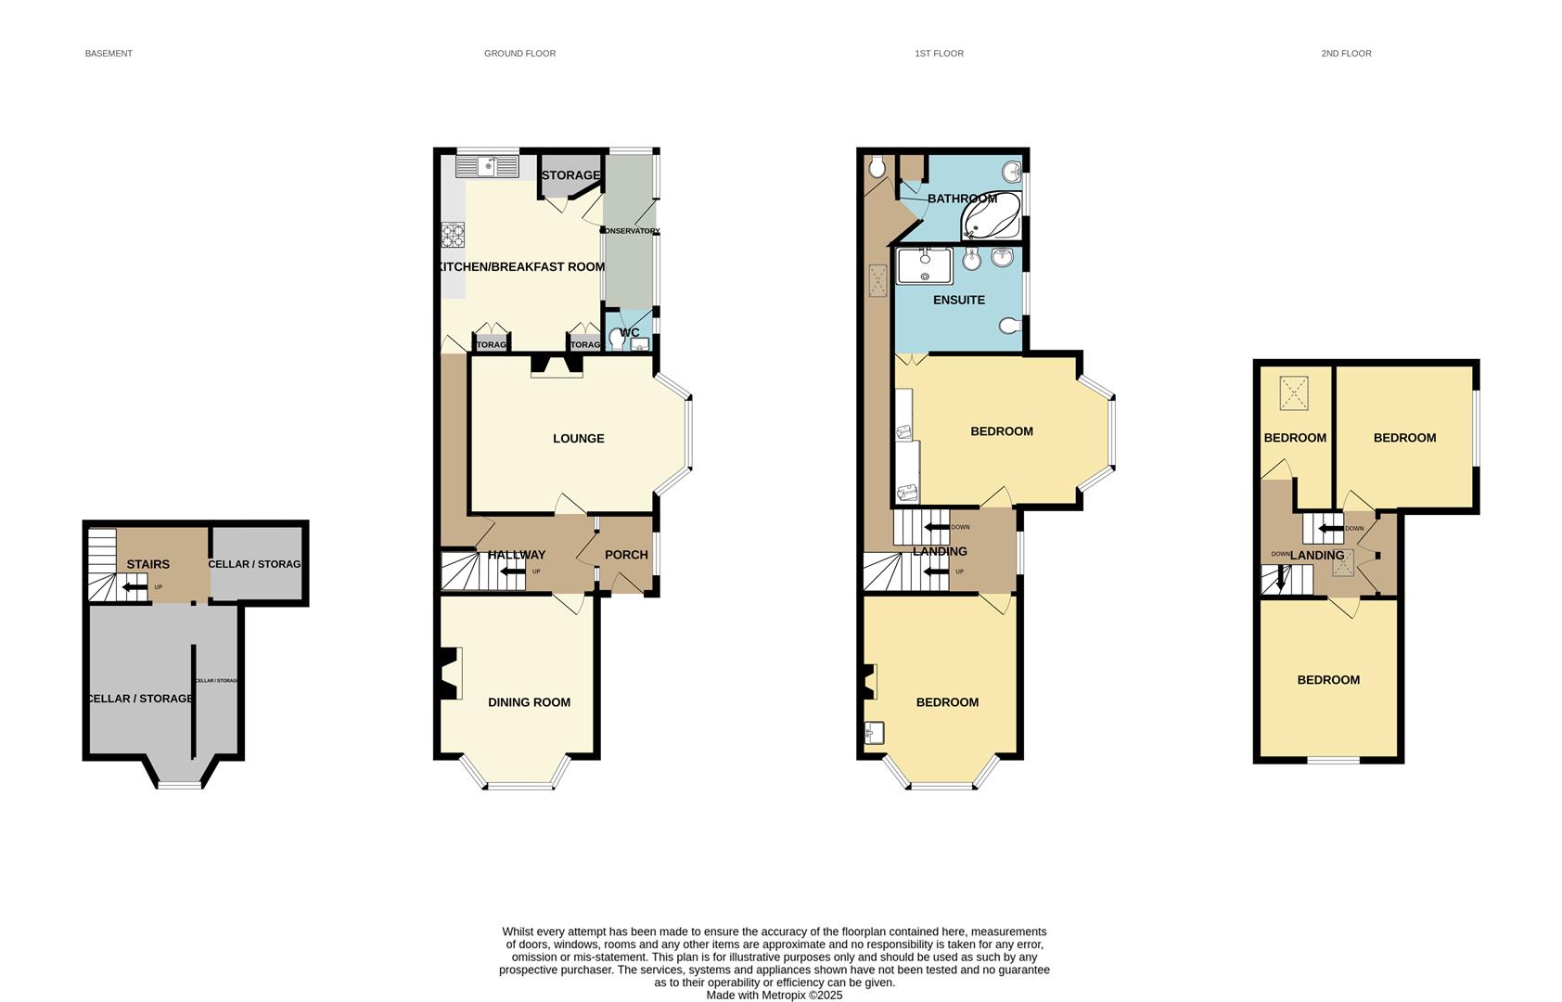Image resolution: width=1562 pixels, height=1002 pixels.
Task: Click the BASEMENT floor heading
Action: (x=109, y=54)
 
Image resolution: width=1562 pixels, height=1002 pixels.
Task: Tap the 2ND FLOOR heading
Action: (x=1346, y=54)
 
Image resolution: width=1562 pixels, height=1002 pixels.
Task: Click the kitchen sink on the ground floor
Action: (x=487, y=167)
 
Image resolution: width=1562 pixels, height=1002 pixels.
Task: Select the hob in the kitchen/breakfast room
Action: (x=453, y=235)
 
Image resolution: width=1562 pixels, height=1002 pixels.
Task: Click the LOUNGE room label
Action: (x=578, y=438)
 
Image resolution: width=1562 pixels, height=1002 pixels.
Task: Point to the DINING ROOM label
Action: (x=529, y=702)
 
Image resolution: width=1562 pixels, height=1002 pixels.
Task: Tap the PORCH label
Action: (x=626, y=555)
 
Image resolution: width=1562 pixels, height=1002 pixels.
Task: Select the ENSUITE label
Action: (x=958, y=300)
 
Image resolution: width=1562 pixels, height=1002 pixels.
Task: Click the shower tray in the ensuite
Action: (x=923, y=265)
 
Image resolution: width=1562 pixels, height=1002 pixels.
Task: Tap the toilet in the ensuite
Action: (x=1010, y=326)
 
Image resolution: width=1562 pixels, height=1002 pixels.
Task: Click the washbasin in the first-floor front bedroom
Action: (x=873, y=733)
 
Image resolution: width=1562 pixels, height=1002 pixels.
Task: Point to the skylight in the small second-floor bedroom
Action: (x=1293, y=392)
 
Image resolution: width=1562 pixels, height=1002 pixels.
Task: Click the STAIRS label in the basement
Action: (x=147, y=564)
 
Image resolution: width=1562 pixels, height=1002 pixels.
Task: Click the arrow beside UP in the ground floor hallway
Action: (x=512, y=572)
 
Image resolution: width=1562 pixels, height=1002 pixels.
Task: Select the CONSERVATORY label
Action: (x=631, y=231)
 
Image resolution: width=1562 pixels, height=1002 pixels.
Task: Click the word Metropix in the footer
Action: (x=783, y=995)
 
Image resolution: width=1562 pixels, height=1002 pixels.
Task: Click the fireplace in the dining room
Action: (x=450, y=674)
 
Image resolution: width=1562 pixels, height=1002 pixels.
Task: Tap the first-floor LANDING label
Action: (x=940, y=551)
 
